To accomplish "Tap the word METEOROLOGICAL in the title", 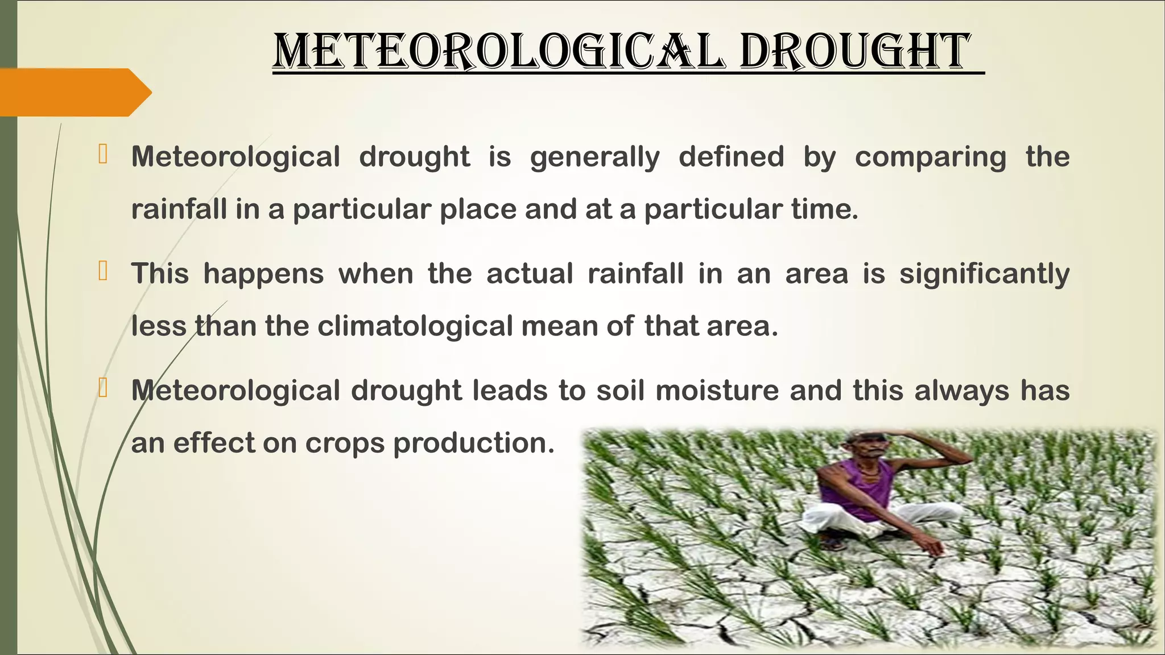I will [499, 52].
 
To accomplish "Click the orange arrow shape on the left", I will [74, 92].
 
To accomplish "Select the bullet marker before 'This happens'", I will [103, 271].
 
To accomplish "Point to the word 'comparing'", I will [931, 157].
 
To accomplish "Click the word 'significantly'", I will [984, 275].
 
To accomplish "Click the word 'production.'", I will [474, 443].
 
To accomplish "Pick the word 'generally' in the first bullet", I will [595, 157].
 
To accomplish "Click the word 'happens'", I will [263, 275].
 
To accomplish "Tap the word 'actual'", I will [530, 273].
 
